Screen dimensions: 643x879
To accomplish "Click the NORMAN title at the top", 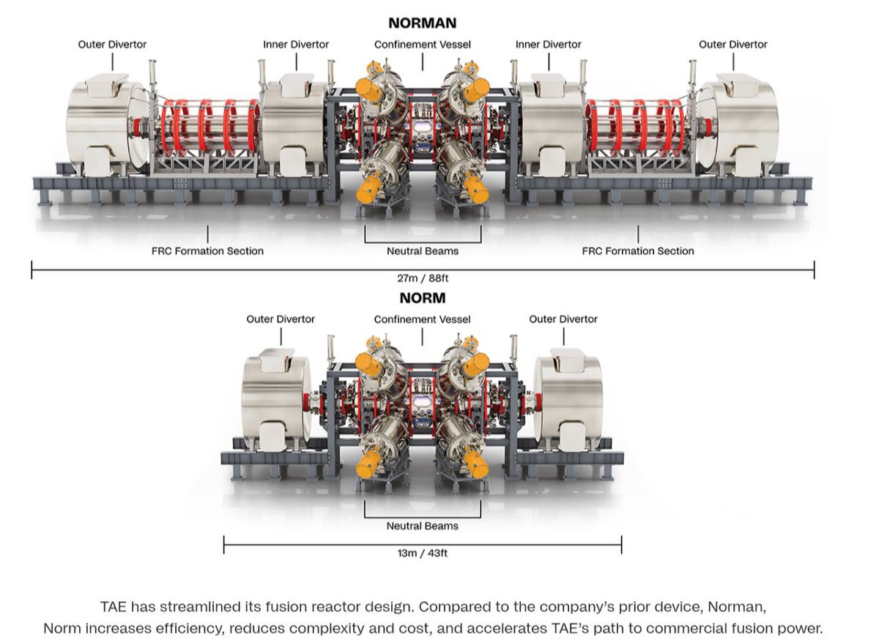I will (422, 23).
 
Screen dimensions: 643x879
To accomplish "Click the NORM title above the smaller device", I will (422, 298).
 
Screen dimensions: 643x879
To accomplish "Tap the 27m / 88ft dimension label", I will (422, 278).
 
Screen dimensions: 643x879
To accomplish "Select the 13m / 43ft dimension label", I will (422, 553).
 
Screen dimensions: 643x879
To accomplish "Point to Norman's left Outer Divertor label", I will (112, 45).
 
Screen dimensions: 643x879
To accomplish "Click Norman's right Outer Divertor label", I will (732, 45).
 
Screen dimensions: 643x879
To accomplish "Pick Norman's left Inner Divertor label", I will (296, 45).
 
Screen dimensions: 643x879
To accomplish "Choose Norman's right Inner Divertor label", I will (548, 45).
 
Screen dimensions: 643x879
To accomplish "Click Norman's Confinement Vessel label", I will (422, 45).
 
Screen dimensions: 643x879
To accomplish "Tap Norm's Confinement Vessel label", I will (422, 319).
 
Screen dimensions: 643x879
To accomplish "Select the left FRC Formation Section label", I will (207, 251).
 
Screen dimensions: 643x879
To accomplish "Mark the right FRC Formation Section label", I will (637, 251).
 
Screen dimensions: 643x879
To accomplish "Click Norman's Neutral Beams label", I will (423, 251).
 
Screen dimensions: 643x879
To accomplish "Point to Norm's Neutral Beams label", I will (423, 526).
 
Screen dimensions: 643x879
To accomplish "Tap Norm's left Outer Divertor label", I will (281, 319).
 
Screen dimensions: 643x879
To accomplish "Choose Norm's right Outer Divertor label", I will (563, 319).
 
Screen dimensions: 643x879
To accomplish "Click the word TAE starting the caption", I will (114, 607).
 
